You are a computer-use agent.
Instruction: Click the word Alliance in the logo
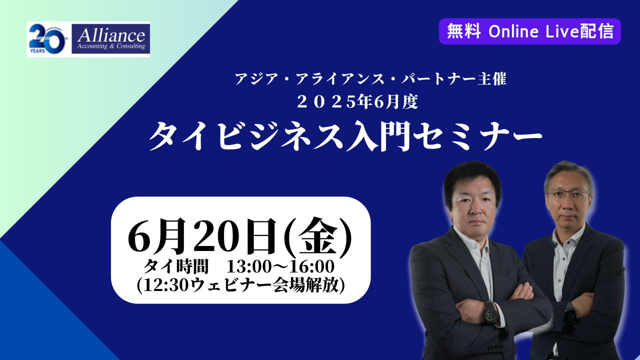pyautogui.click(x=111, y=35)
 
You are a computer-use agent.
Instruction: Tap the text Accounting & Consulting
pyautogui.click(x=111, y=46)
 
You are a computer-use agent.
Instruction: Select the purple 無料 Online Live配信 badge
pyautogui.click(x=529, y=31)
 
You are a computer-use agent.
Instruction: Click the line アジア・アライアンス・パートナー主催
pyautogui.click(x=370, y=79)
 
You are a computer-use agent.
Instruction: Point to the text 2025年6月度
pyautogui.click(x=357, y=102)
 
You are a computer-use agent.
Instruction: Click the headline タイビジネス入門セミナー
pyautogui.click(x=345, y=136)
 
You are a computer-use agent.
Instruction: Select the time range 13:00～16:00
pyautogui.click(x=280, y=266)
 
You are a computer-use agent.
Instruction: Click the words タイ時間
pyautogui.click(x=176, y=266)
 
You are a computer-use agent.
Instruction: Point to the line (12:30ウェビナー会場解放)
pyautogui.click(x=240, y=285)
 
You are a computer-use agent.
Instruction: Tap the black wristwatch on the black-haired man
pyautogui.click(x=490, y=313)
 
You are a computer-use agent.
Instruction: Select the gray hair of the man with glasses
pyautogui.click(x=568, y=175)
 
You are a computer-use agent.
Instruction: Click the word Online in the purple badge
pyautogui.click(x=513, y=31)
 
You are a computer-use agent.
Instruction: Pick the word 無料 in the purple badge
pyautogui.click(x=463, y=31)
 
